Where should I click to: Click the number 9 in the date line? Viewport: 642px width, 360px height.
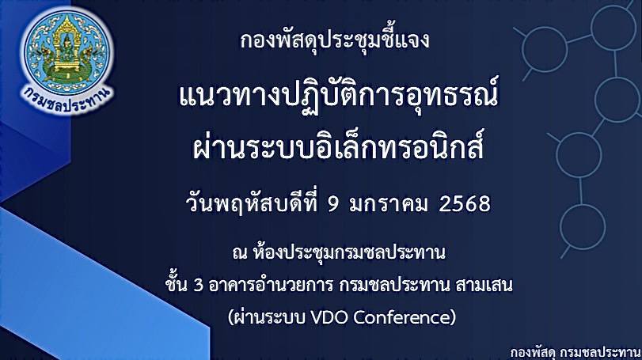334,203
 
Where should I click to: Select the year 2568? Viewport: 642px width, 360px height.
465,203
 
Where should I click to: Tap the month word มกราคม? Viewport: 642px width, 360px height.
389,203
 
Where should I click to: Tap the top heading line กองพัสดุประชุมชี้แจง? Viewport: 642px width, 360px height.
335,40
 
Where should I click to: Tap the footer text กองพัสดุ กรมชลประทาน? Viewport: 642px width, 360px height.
576,353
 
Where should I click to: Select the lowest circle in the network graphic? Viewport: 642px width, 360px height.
582,226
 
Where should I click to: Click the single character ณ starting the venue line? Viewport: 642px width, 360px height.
240,254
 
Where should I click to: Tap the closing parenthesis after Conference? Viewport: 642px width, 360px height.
453,317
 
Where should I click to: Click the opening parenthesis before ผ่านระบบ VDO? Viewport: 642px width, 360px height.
231,317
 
